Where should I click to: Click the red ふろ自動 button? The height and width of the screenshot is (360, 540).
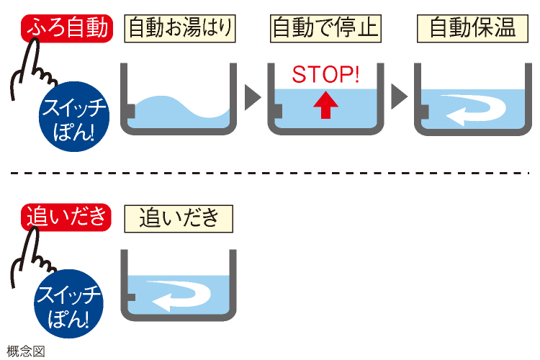point(68,28)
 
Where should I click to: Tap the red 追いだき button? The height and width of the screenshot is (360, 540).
point(66,216)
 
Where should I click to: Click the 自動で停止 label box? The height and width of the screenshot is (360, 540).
point(325,28)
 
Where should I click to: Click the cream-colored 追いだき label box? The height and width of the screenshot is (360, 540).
point(179,217)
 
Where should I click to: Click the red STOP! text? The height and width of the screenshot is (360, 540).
point(325,74)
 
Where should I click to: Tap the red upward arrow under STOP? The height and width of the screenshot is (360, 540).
point(325,105)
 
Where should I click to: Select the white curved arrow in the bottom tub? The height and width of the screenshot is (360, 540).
point(181,295)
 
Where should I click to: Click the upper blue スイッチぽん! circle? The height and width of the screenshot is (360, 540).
point(73,117)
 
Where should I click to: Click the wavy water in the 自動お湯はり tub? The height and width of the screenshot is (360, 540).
point(180,115)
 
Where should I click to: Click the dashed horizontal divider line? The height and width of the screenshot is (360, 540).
point(270,172)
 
